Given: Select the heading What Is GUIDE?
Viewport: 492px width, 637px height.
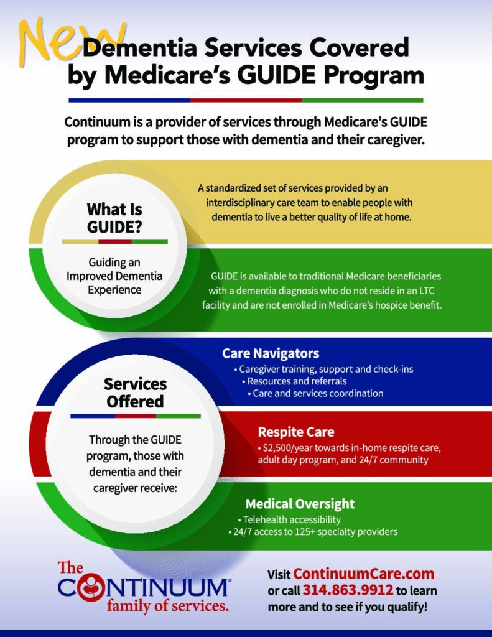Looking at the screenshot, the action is pyautogui.click(x=114, y=218).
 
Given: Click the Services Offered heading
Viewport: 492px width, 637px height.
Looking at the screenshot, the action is pyautogui.click(x=136, y=393).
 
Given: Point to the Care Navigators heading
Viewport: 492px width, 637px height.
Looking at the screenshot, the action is pyautogui.click(x=271, y=353).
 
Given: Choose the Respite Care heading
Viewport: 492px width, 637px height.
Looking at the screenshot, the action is pyautogui.click(x=296, y=432).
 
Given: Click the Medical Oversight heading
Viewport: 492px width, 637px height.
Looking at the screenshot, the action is pyautogui.click(x=300, y=504).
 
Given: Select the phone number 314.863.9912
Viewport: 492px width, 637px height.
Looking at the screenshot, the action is pyautogui.click(x=348, y=590).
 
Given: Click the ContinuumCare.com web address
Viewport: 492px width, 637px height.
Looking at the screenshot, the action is pyautogui.click(x=364, y=574).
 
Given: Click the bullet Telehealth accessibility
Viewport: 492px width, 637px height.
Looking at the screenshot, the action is pyautogui.click(x=289, y=519).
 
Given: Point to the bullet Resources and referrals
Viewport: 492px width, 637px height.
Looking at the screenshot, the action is pyautogui.click(x=294, y=381).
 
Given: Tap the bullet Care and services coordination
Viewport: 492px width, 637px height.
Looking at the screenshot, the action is pyautogui.click(x=315, y=393).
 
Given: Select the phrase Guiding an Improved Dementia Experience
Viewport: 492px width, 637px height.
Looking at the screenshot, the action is pyautogui.click(x=114, y=276).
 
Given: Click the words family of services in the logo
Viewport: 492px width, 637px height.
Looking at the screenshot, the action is pyautogui.click(x=167, y=605).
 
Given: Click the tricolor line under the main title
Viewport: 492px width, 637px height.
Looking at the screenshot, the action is pyautogui.click(x=246, y=100).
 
